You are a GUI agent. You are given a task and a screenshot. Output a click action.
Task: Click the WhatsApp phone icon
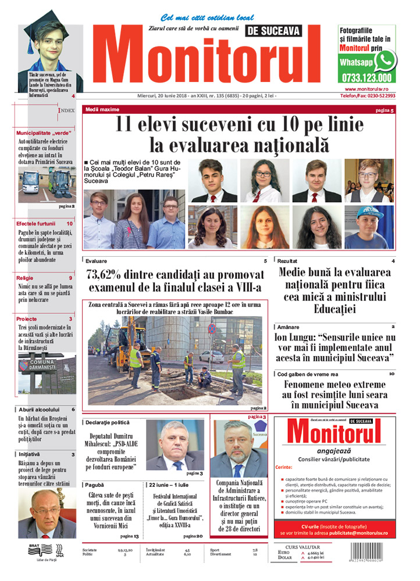click(x=384, y=61)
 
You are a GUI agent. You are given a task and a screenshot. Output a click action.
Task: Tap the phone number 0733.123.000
click(x=366, y=78)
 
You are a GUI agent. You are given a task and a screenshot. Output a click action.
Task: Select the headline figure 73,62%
click(x=107, y=274)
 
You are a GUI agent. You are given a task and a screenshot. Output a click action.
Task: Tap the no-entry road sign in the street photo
click(x=212, y=329)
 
